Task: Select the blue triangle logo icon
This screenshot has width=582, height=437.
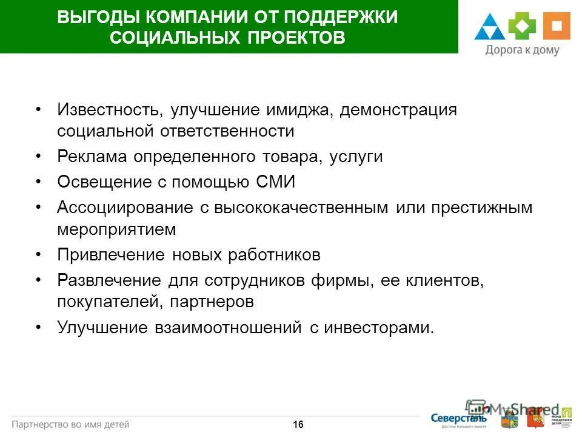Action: point(489,28)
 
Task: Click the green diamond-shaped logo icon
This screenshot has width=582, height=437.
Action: point(522,27)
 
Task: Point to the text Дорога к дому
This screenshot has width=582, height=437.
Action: point(522,51)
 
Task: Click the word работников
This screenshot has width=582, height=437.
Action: point(273,255)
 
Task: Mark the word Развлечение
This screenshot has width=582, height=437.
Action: point(109,280)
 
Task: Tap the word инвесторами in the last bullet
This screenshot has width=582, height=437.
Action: point(378,328)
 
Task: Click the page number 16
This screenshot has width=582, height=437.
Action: point(298,425)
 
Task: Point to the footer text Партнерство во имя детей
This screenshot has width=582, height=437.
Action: point(71,424)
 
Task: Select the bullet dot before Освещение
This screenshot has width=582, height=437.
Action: point(38,182)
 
